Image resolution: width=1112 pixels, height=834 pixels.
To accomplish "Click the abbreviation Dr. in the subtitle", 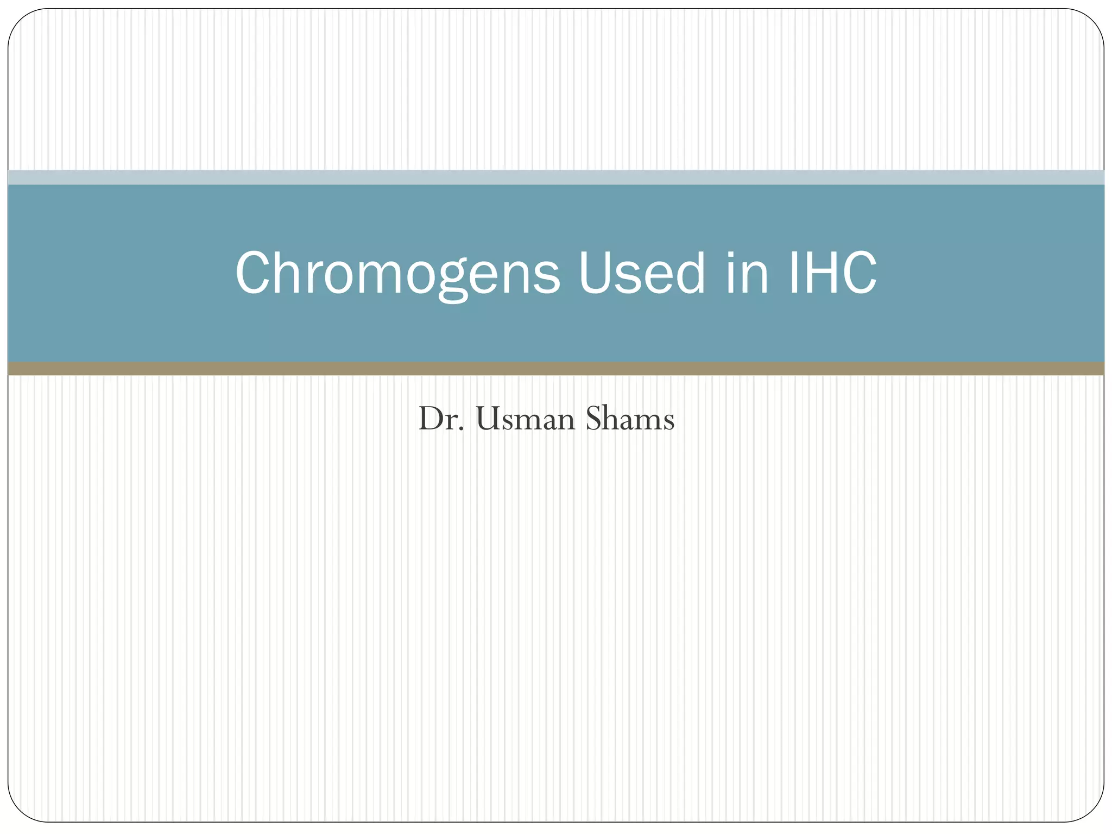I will (441, 420).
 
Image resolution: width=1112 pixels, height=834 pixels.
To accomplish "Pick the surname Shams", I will (630, 420).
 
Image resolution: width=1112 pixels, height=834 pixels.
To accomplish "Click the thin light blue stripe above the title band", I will (556, 178).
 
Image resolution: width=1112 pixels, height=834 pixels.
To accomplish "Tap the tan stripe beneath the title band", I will (556, 369).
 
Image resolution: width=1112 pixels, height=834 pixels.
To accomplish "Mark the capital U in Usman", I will (486, 420).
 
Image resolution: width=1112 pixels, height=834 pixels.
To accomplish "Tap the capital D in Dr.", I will (431, 420).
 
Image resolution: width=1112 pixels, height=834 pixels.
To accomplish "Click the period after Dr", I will (462, 431).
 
